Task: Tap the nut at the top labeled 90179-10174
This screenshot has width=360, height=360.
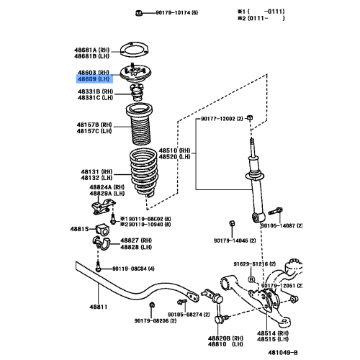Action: coord(138,13)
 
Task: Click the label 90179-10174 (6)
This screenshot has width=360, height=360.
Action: coord(174,14)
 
